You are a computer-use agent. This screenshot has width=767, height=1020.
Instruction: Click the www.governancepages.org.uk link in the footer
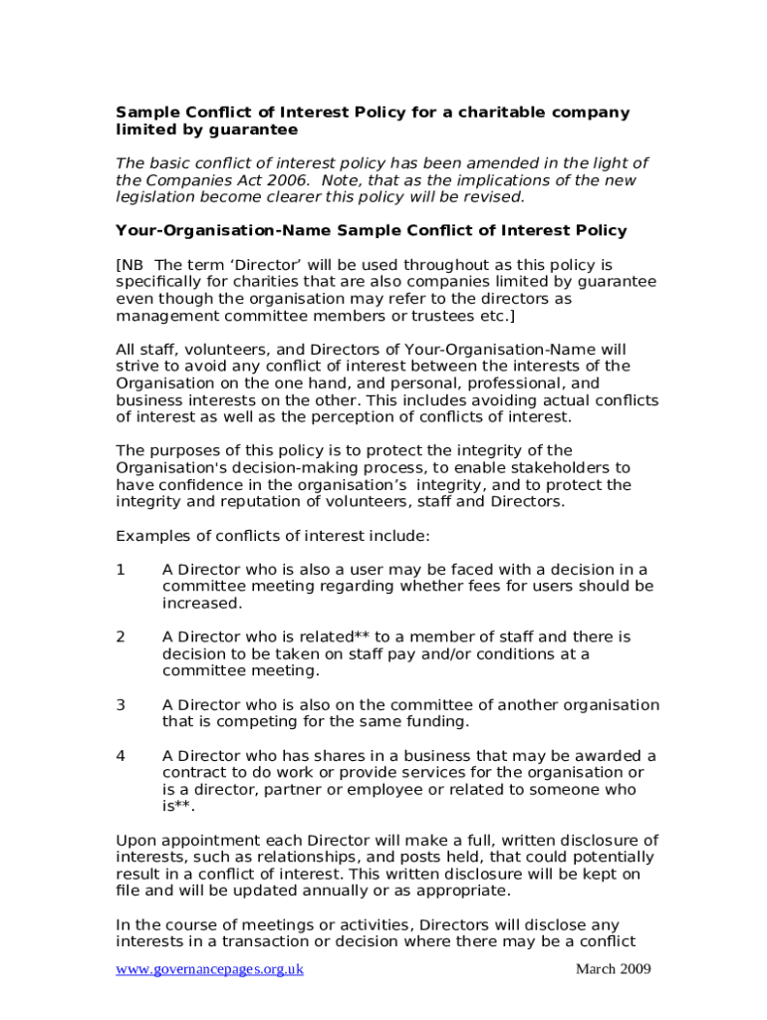[x=210, y=969]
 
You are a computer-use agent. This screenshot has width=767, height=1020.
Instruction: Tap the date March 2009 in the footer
[x=613, y=969]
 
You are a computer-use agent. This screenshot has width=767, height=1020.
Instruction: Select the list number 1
[x=121, y=570]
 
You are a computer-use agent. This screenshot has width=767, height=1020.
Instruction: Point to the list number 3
[x=121, y=705]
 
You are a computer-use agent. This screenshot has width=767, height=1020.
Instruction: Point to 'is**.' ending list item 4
[x=179, y=807]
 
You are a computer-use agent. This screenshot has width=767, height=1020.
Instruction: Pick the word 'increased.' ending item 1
[x=202, y=604]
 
